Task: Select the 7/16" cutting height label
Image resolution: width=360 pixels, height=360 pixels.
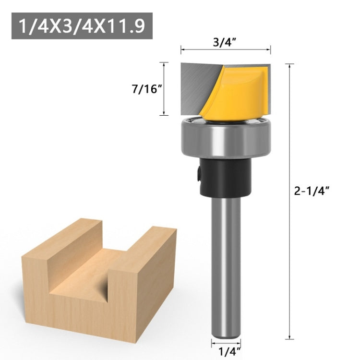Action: pyautogui.click(x=144, y=89)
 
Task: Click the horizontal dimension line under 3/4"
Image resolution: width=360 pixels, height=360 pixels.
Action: pyautogui.click(x=226, y=48)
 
